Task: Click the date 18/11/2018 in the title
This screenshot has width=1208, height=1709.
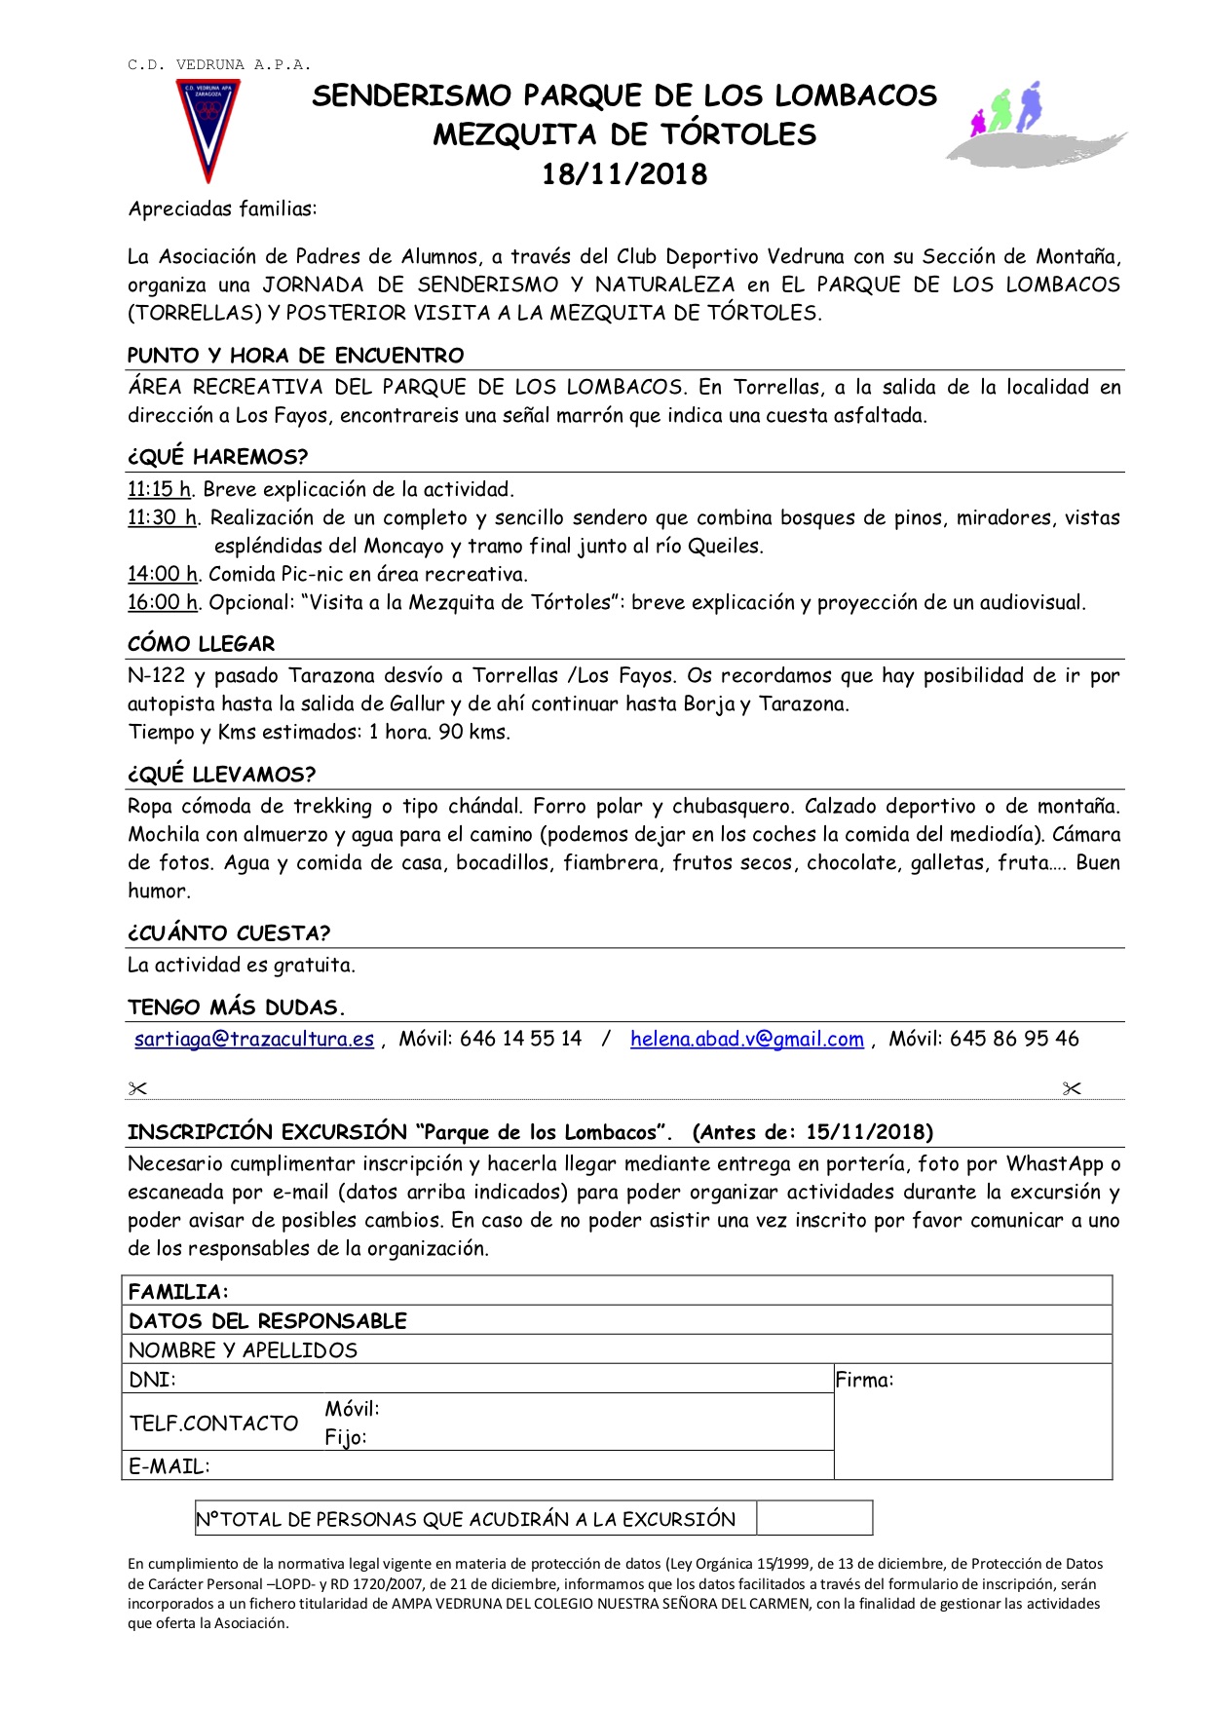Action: (623, 174)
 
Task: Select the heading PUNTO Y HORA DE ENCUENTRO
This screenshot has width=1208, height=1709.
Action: (295, 356)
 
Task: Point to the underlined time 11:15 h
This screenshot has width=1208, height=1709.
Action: (160, 489)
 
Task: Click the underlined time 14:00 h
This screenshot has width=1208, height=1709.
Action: (163, 574)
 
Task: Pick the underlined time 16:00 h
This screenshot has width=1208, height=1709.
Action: (163, 602)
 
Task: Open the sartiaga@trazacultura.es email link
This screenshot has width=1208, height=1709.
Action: (254, 1039)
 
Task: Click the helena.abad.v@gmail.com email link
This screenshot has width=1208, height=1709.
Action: (746, 1039)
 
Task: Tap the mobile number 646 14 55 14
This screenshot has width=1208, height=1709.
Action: (520, 1039)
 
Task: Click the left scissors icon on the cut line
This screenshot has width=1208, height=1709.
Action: (136, 1088)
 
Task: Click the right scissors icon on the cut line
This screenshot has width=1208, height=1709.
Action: (1072, 1088)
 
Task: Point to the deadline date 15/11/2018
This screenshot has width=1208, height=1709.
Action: (865, 1132)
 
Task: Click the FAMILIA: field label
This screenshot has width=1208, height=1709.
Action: (178, 1292)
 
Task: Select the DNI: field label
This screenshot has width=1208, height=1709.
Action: (152, 1380)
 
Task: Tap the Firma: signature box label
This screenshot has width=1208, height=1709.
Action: (865, 1380)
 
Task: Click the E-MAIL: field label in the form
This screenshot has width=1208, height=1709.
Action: (170, 1466)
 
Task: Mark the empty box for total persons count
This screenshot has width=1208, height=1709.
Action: (813, 1518)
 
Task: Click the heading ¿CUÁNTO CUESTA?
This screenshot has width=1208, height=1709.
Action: (229, 933)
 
